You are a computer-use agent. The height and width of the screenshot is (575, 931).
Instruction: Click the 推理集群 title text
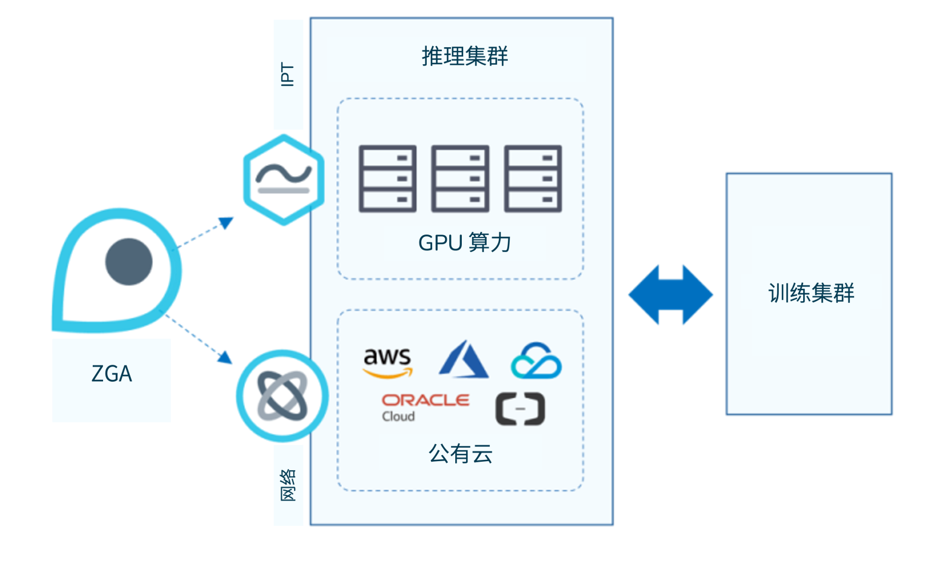point(464,56)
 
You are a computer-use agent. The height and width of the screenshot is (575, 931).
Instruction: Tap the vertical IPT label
point(288,74)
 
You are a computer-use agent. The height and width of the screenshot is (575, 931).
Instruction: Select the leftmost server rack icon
point(387,179)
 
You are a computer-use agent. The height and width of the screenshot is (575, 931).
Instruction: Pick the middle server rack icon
point(460,179)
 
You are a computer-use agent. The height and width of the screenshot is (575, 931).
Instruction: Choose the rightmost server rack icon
point(533,179)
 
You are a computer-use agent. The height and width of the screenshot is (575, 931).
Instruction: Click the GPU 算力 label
point(464,242)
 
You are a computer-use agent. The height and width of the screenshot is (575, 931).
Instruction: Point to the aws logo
point(387,362)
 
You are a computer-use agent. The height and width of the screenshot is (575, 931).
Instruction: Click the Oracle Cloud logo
point(424,407)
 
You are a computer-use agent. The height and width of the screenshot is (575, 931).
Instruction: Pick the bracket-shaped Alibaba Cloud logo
point(520,408)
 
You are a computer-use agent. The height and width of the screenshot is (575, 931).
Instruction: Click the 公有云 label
point(461,453)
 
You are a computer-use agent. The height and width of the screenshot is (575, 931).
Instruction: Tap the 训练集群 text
point(811,293)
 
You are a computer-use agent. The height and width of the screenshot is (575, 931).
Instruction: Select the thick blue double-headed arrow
point(670,294)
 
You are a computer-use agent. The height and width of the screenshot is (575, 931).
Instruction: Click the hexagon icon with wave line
point(283,179)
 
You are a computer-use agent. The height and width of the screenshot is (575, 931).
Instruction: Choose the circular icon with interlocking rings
point(282,395)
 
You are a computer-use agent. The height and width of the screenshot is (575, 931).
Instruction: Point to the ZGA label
point(112,374)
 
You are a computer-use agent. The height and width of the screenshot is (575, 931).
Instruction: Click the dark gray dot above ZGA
point(128,262)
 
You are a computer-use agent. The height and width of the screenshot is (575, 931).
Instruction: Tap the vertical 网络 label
point(288,485)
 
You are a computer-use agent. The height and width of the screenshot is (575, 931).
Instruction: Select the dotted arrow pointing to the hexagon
point(206,232)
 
